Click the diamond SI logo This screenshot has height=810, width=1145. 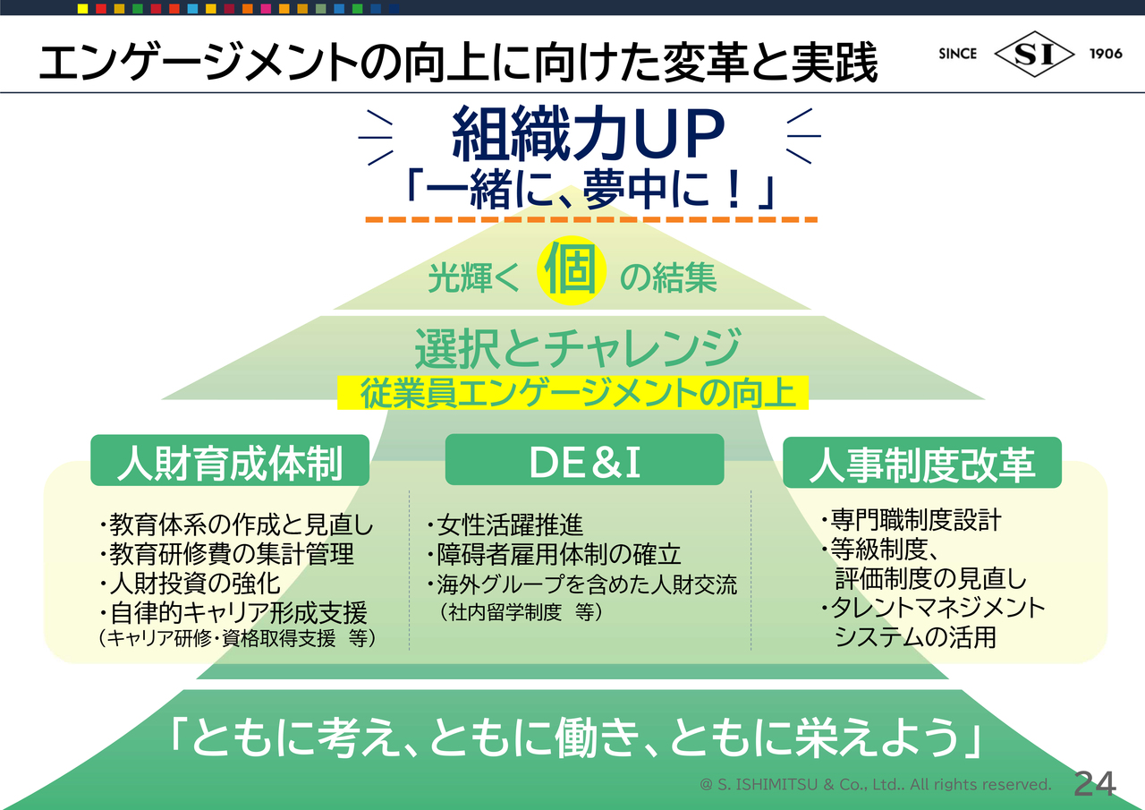click(1034, 54)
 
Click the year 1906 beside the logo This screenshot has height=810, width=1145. click(1106, 54)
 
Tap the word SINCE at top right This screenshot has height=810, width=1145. click(957, 54)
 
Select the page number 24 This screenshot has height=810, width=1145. click(1095, 784)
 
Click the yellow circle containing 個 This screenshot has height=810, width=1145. click(572, 270)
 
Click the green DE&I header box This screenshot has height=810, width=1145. click(584, 460)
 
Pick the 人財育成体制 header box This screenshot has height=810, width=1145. click(230, 460)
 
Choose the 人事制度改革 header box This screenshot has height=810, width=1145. click(922, 462)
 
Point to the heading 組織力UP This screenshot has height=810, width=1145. click(588, 134)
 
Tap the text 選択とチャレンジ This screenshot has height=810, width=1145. click(577, 348)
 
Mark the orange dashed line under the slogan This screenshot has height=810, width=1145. click(591, 219)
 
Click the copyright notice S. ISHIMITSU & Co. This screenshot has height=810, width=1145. click(875, 784)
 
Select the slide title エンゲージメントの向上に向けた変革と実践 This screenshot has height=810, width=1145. click(459, 63)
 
